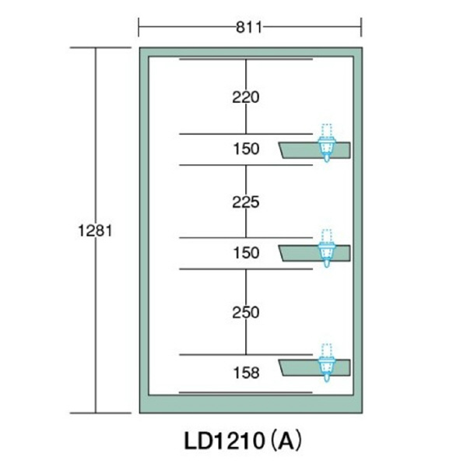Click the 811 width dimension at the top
[x=249, y=28]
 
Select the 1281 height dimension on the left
[x=97, y=230]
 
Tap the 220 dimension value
[x=245, y=97]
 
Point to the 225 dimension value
[x=245, y=202]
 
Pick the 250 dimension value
[x=245, y=312]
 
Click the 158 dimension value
[x=245, y=373]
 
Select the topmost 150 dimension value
[x=245, y=149]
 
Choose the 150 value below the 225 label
[x=245, y=253]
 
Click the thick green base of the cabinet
[x=249, y=404]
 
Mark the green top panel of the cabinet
[x=249, y=51]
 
